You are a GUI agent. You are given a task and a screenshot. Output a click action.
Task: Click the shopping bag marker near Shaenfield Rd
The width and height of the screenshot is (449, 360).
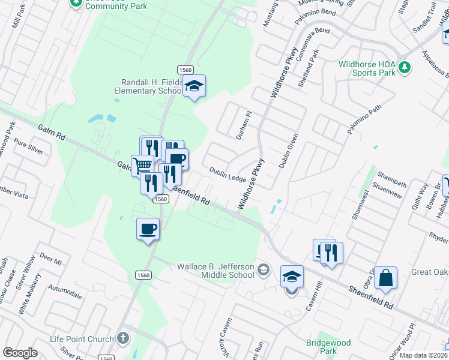pos(385,278)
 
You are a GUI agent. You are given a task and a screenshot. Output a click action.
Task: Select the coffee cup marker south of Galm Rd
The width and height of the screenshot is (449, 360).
pos(148,229)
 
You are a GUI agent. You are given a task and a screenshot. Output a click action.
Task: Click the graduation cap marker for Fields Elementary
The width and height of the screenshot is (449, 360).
pos(194,86)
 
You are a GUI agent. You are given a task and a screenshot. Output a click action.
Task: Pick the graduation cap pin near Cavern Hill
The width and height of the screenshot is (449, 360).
pos(292,277)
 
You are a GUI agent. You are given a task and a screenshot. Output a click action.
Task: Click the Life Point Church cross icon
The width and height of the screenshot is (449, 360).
pos(122,338)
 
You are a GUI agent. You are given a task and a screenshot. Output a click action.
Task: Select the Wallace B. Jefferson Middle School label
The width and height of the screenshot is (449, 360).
pos(215,271)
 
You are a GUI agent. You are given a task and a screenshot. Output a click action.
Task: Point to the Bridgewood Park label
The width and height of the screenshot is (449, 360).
pos(328,346)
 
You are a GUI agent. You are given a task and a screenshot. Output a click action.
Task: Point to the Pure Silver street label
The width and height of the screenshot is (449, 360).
pos(29,148)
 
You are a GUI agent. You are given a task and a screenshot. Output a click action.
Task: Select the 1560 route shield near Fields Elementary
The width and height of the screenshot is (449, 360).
pos(184,70)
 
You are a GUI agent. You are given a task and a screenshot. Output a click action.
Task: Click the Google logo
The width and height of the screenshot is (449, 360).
pos(20,353)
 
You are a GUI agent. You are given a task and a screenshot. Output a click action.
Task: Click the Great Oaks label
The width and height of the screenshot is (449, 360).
pos(429,272)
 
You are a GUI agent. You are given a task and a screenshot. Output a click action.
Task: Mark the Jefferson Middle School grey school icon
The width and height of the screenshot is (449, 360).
pos(263,270)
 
